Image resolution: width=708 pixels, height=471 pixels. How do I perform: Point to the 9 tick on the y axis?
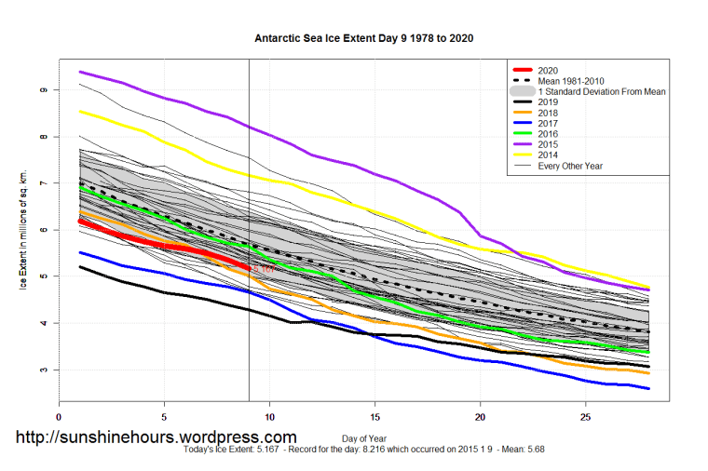click(x=43, y=90)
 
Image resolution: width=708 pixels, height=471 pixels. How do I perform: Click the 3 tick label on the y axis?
click(x=43, y=370)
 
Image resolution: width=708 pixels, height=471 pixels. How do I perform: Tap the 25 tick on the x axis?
click(x=585, y=417)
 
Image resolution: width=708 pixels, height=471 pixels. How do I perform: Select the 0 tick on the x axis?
click(x=59, y=417)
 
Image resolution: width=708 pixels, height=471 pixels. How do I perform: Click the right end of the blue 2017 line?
click(x=648, y=388)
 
